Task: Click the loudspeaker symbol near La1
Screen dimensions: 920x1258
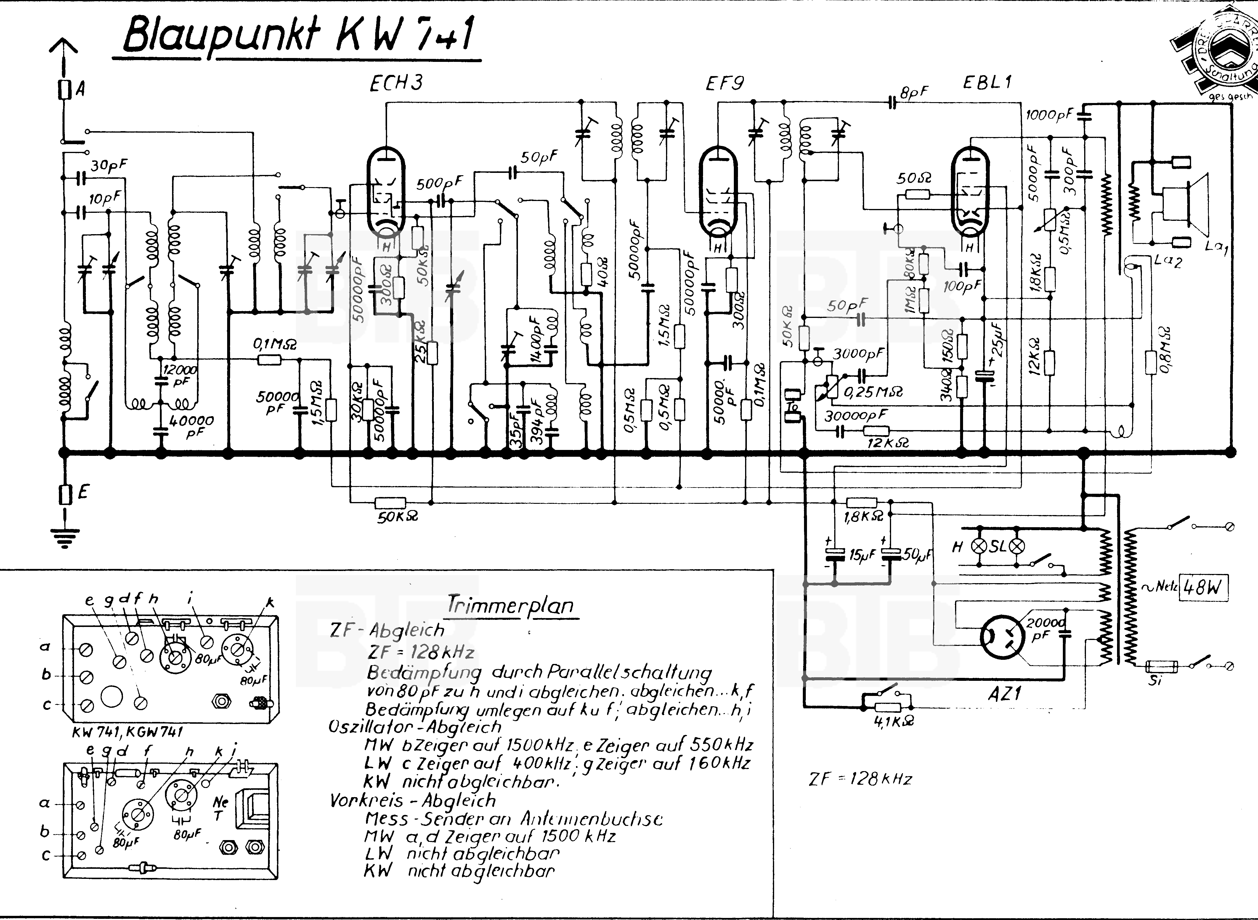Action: point(1192,203)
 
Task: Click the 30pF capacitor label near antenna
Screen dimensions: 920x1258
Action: point(109,165)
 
